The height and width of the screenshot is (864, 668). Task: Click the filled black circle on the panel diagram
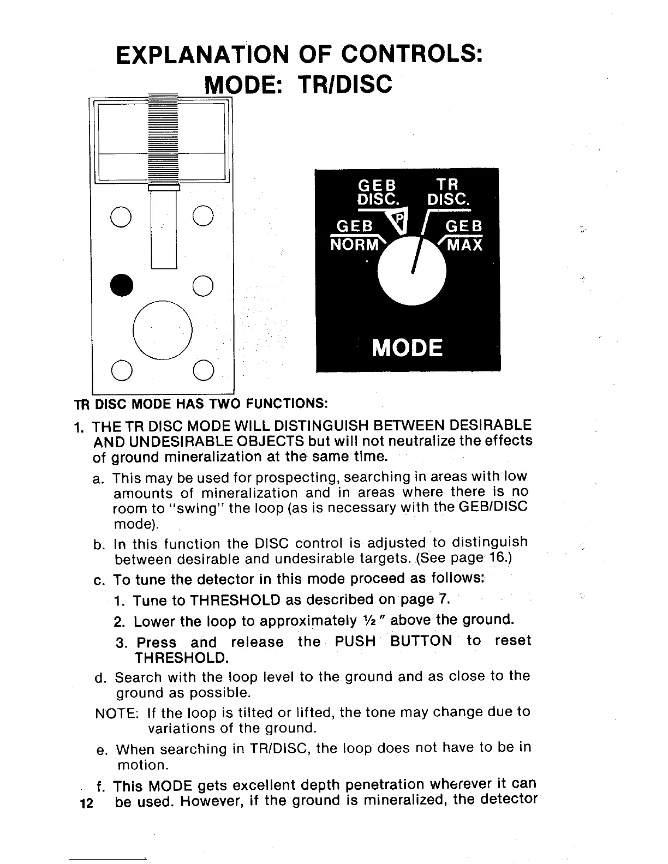[x=121, y=284]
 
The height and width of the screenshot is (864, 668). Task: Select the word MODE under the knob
[x=407, y=347]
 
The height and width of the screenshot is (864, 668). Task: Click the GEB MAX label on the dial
[x=464, y=236]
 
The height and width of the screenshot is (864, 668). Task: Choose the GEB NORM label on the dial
[x=355, y=236]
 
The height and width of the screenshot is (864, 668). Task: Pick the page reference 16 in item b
[x=499, y=558]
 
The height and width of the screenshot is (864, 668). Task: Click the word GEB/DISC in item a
[x=493, y=507]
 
